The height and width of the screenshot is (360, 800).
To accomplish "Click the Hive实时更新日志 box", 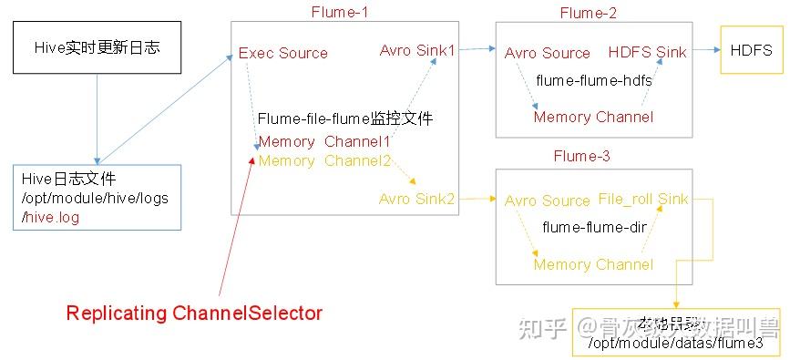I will point(97,47).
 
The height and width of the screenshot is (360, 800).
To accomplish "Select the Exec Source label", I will point(282,54).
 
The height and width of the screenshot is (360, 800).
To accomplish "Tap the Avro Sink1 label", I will point(417,49).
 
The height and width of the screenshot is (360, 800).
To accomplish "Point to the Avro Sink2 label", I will point(416,198).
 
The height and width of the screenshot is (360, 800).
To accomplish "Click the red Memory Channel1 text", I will point(324,142).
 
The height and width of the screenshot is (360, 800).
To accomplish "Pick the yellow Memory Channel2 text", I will point(324,160).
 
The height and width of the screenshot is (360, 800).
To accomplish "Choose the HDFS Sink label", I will point(648,53).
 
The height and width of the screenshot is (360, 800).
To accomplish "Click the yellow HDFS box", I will point(751,50).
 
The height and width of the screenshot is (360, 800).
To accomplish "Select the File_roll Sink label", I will point(643,199).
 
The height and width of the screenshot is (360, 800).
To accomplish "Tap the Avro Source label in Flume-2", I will point(547,54).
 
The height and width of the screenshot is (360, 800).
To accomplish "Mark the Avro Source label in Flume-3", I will point(547,201).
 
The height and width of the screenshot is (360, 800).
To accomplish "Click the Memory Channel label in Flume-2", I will point(593,117).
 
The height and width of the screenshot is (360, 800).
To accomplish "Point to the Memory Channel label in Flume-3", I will point(593,264).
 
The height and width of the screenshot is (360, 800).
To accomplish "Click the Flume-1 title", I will point(339,11).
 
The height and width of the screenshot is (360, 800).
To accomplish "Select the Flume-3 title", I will point(581,157).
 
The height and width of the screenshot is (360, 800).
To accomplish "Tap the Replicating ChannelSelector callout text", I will point(194,314).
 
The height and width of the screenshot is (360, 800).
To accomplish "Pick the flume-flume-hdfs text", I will point(593,81).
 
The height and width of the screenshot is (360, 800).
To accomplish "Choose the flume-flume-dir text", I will point(593,227).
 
